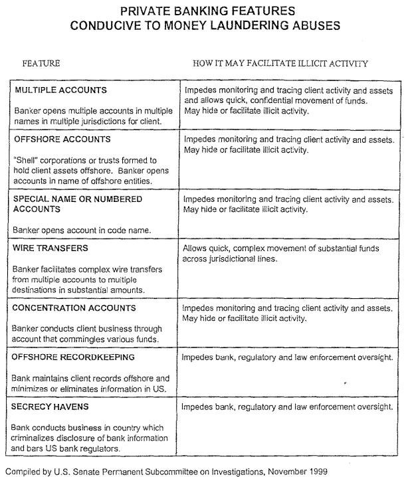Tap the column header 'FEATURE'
pyautogui.click(x=41, y=63)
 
